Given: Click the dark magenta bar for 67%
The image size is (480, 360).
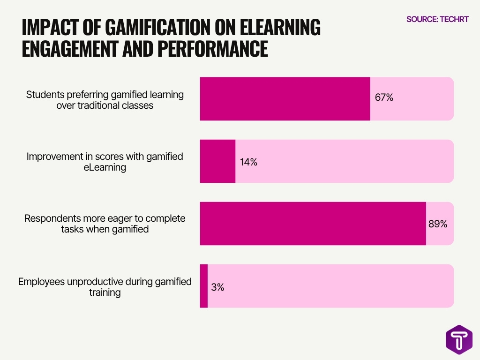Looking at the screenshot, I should tap(285, 99).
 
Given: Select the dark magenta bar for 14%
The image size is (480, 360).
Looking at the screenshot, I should tap(217, 161).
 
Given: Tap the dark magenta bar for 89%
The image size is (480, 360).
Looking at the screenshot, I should tap(313, 224).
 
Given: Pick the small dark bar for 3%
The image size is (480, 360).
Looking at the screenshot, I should tap(203, 286).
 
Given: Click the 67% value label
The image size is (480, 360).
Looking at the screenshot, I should tap(384, 98).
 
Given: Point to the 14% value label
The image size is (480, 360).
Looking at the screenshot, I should tap(249, 162).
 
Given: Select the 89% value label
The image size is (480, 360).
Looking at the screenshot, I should tap(438, 224).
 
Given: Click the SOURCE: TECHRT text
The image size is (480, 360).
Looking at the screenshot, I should tap(437, 20).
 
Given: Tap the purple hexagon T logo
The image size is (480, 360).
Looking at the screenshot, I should tap(459, 338).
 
